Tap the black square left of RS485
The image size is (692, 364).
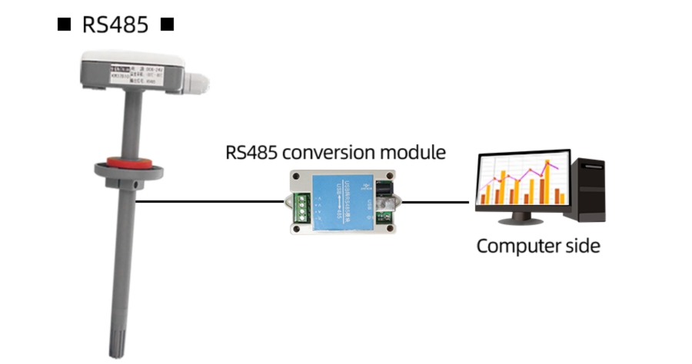65,25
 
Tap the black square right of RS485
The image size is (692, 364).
167,25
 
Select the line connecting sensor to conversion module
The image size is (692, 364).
208,202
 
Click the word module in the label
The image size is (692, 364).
420,152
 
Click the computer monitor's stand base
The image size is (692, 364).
522,220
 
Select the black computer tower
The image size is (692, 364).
590,189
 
